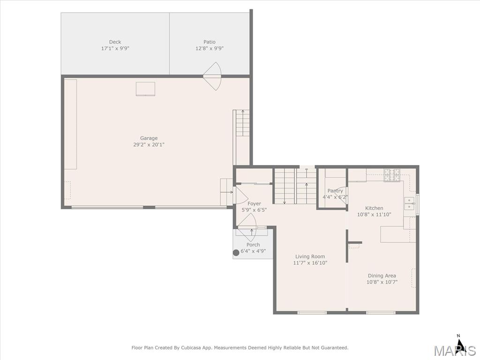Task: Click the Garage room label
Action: (x=149, y=138)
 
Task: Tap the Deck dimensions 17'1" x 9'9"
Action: (x=115, y=48)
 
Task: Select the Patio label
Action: (x=210, y=42)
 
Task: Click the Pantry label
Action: (x=335, y=191)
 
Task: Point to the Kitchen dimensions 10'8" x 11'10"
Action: (x=374, y=215)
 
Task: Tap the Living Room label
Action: (x=310, y=256)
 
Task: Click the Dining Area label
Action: (x=382, y=276)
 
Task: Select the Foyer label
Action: (x=254, y=203)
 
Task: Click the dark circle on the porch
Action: (x=236, y=253)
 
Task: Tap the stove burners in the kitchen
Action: (x=392, y=175)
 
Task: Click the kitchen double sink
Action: (x=409, y=203)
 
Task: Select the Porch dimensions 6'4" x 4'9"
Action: (x=253, y=251)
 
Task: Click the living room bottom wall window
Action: (x=312, y=313)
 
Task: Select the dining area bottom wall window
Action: (x=381, y=313)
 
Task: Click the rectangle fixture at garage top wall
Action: (x=145, y=89)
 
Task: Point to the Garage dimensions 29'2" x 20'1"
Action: (x=149, y=145)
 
